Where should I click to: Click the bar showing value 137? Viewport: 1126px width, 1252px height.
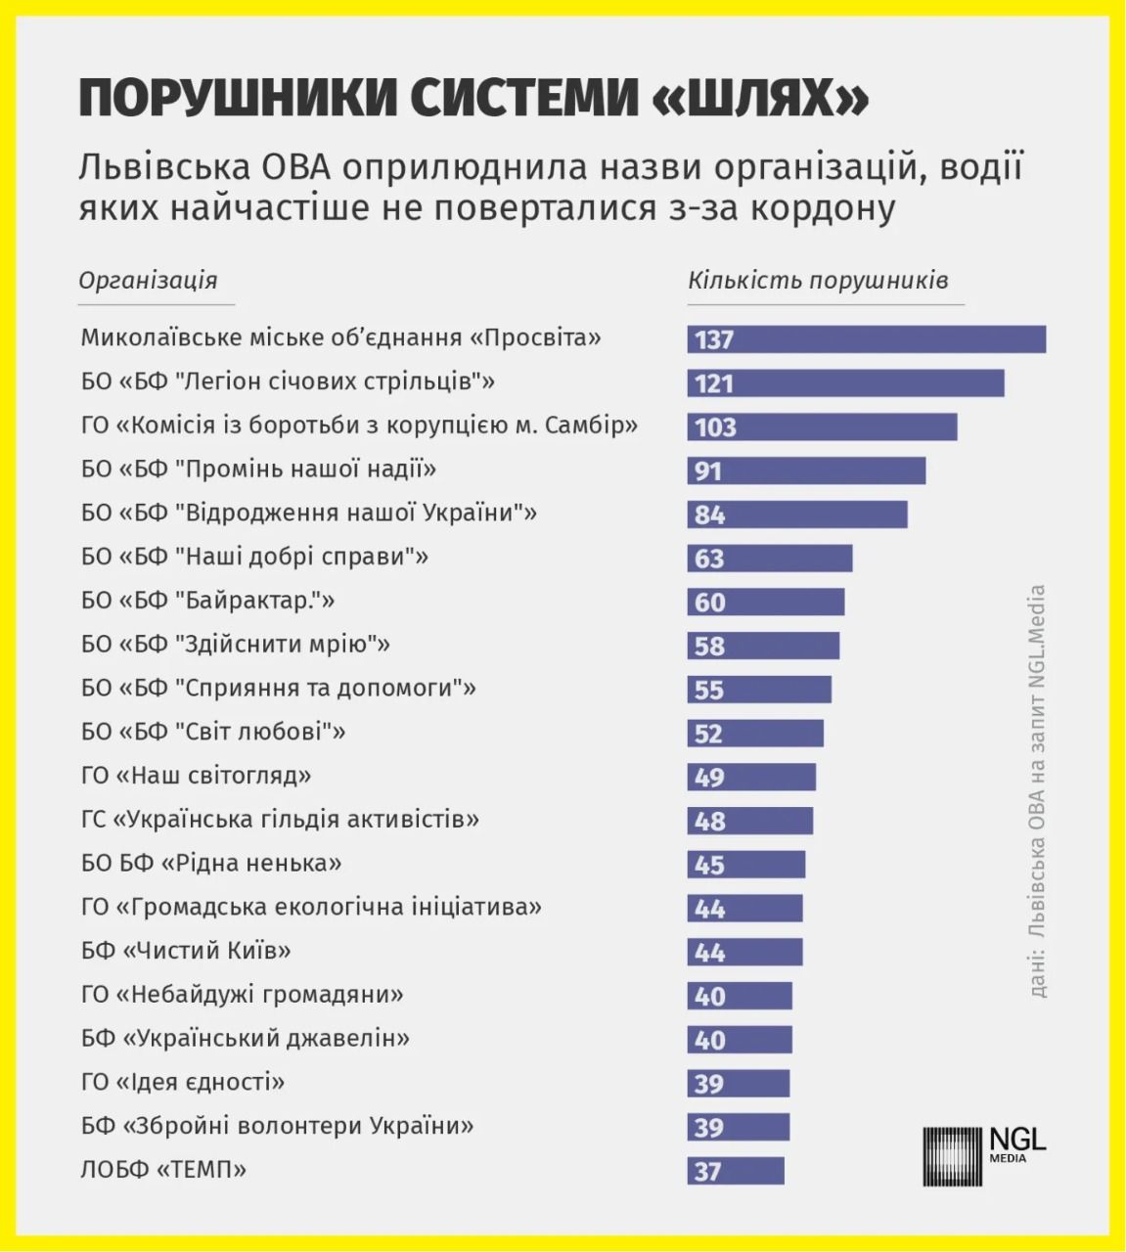(x=866, y=339)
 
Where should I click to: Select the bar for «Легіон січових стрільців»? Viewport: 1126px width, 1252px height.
(x=845, y=383)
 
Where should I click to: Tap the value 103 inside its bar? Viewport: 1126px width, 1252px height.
(x=715, y=427)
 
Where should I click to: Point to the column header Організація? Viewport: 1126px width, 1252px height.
(x=148, y=281)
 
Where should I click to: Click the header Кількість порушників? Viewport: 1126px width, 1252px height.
(x=817, y=281)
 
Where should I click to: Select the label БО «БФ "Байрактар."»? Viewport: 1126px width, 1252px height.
(x=207, y=601)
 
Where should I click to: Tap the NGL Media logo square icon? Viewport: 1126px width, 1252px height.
(x=952, y=1156)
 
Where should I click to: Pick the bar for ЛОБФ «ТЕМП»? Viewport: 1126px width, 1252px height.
(x=736, y=1171)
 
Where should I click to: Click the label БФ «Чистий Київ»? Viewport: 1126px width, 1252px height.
(x=186, y=951)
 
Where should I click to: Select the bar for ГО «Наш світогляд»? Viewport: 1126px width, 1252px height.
(x=751, y=778)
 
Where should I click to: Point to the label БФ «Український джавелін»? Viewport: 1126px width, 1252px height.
(x=245, y=1039)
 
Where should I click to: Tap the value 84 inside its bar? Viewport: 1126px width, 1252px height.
(x=710, y=514)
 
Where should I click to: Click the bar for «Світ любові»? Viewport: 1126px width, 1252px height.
(x=755, y=734)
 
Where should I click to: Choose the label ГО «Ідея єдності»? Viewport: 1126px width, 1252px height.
(x=183, y=1083)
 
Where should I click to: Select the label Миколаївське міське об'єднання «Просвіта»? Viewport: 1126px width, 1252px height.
(x=340, y=338)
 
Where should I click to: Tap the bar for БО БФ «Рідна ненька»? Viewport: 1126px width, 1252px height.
(x=746, y=865)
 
